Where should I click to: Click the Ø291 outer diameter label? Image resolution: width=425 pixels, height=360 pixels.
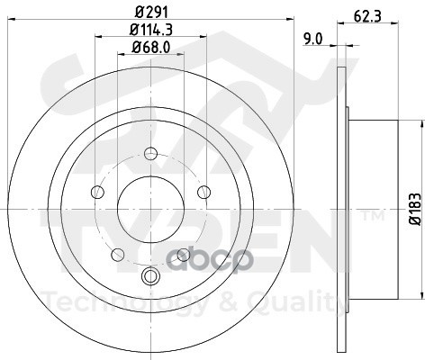pos(151,13)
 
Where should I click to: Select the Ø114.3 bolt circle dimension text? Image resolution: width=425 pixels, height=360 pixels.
pos(151,30)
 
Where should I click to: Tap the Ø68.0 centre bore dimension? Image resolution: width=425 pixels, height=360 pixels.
pos(151,47)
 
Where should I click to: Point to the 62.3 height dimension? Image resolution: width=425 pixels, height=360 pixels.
pos(367,16)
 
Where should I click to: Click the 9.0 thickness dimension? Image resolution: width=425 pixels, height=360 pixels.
pos(312,40)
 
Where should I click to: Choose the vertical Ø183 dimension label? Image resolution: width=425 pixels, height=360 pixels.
pos(417,209)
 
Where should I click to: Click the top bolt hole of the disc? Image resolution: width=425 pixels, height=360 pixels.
pos(150,154)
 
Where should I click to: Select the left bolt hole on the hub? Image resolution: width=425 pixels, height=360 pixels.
pos(97,192)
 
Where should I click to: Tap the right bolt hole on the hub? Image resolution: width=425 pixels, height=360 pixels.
pos(204,192)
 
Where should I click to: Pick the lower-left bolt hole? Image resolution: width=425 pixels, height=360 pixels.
pos(118,255)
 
